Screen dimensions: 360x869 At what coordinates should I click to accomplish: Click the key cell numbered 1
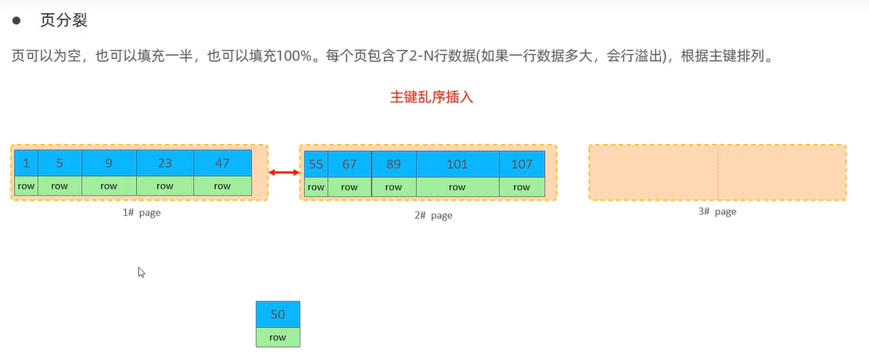[26, 164]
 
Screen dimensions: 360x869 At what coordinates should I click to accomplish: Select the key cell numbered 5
[59, 164]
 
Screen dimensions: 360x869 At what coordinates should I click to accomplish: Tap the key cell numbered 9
[109, 164]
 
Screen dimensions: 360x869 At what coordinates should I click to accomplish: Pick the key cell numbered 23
[164, 164]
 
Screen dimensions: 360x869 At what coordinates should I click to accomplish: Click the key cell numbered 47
[222, 164]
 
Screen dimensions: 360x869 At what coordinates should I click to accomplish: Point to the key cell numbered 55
[316, 164]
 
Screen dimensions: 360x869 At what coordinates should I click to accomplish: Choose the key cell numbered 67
[350, 164]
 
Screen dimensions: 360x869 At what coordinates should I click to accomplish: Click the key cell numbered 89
[393, 164]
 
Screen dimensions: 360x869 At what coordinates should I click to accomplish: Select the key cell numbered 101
[457, 164]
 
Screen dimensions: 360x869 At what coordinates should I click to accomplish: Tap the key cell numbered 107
[522, 164]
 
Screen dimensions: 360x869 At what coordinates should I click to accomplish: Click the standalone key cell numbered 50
[278, 315]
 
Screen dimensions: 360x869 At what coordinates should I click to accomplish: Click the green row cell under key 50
[278, 337]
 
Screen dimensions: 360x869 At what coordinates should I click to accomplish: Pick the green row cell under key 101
[457, 187]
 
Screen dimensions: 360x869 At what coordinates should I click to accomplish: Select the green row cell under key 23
[164, 186]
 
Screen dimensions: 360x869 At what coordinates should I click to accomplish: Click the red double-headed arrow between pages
[284, 172]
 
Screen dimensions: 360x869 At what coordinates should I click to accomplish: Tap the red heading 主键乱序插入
[432, 98]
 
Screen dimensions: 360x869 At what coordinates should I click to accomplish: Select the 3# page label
[717, 211]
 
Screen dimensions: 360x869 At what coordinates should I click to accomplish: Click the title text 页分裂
[64, 20]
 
